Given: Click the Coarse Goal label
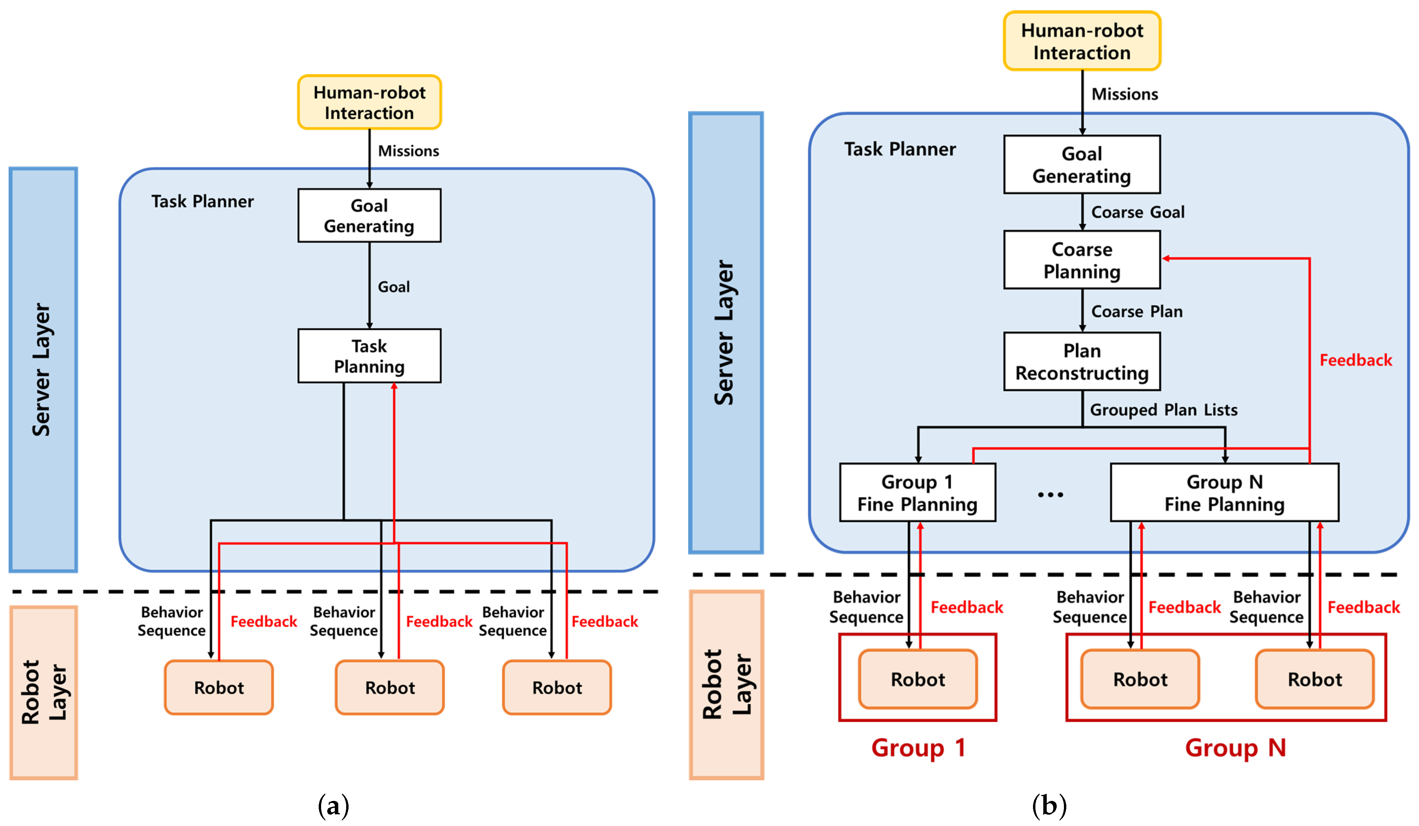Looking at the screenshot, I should click(1137, 212).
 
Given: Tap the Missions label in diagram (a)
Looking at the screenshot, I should click(408, 151).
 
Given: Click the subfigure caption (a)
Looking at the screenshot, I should click(333, 806).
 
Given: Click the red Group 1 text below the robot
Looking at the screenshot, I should click(918, 748).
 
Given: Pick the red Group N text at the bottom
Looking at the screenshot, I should click(1235, 748).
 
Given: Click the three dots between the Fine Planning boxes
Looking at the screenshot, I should click(1050, 495).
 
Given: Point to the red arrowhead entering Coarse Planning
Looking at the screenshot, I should click(1166, 259).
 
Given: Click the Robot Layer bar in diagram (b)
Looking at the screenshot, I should click(726, 684).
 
